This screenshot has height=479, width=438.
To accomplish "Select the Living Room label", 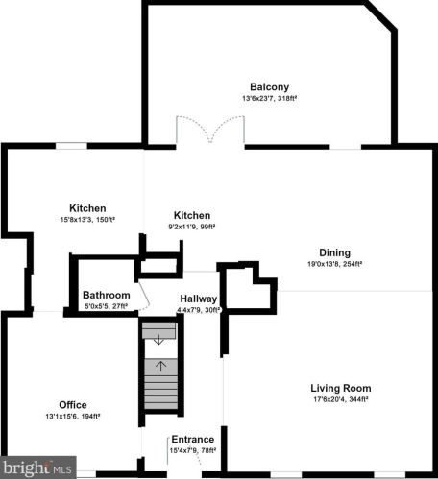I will tap(341, 388).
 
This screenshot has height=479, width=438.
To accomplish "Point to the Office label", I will tap(73, 404).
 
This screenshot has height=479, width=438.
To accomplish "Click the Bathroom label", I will tap(106, 295).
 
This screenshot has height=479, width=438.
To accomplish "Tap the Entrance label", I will tap(193, 440).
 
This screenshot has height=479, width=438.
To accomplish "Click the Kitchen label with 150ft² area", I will tap(87, 208).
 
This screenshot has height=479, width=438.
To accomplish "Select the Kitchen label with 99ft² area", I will tap(192, 215).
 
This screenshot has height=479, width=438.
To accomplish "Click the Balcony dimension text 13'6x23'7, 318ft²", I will tap(271, 97).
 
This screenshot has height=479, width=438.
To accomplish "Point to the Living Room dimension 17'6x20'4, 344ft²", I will tap(341, 399).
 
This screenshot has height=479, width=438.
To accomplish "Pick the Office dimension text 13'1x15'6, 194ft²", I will tap(73, 416).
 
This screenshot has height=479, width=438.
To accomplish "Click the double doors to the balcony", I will tap(205, 132).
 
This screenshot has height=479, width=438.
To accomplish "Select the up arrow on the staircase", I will tap(160, 365).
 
